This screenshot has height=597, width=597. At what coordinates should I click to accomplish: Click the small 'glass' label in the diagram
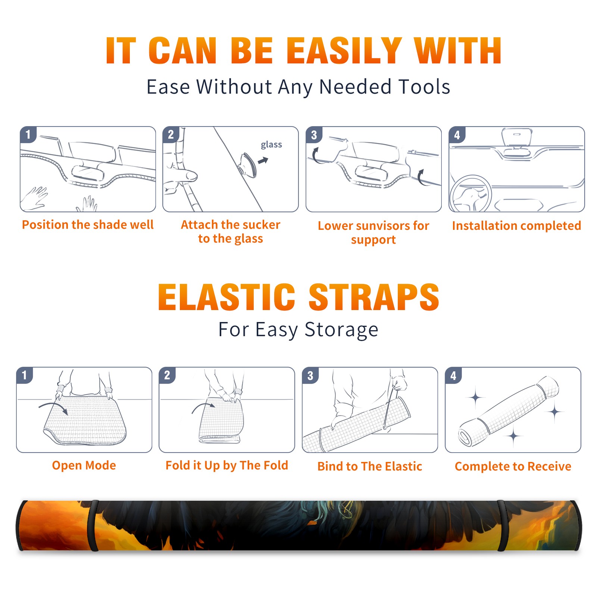click(271, 145)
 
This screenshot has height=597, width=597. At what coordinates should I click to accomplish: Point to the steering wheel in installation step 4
click(471, 194)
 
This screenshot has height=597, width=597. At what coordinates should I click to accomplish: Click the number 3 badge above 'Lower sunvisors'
click(314, 135)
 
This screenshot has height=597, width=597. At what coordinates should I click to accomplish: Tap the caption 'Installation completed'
click(516, 226)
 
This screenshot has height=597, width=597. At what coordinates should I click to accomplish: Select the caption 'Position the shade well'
click(88, 225)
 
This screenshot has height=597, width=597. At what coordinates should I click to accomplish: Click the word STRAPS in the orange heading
click(374, 297)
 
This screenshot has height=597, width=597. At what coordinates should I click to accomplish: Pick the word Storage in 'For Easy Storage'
click(341, 330)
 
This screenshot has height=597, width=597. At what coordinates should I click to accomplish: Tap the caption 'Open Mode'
click(84, 465)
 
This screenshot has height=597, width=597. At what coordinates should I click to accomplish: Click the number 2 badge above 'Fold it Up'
click(167, 375)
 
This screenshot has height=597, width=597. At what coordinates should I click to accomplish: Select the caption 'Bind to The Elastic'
click(370, 466)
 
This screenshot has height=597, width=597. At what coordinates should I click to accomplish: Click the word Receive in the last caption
click(549, 466)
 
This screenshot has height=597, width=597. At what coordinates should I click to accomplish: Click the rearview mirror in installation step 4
click(517, 137)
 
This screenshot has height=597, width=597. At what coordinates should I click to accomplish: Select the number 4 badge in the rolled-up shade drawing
click(453, 375)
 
